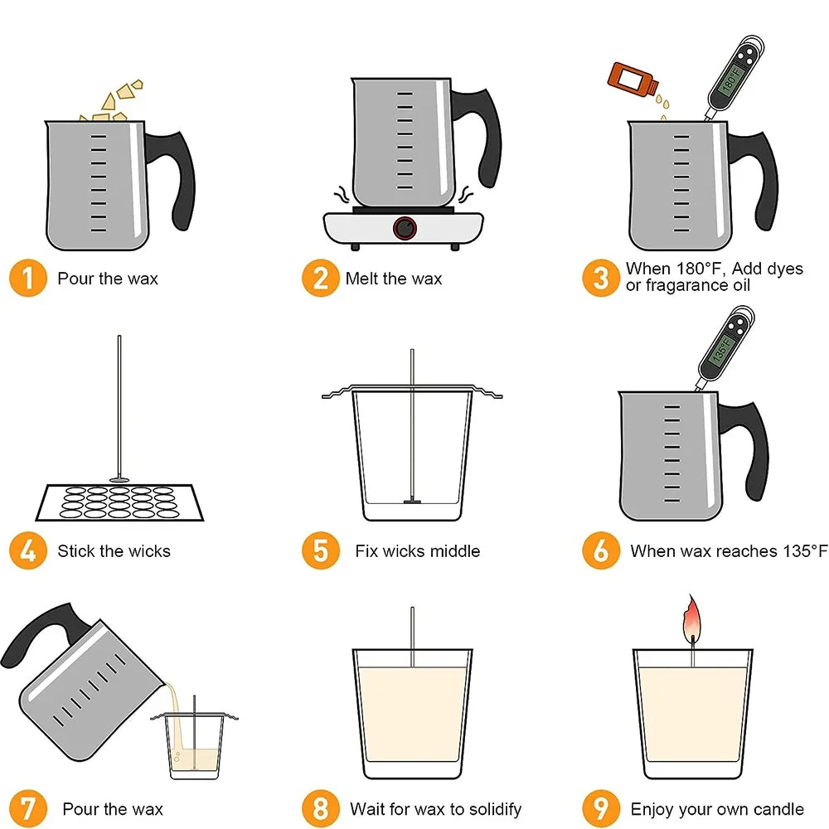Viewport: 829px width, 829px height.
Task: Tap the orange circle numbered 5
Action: [320, 550]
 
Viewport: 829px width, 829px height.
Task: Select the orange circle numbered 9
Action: [601, 808]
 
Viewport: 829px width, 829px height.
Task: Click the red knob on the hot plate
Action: [405, 227]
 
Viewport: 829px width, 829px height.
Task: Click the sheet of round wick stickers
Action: [119, 501]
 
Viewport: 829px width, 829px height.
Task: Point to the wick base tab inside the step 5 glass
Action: [412, 501]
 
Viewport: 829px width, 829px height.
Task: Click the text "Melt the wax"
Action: [394, 279]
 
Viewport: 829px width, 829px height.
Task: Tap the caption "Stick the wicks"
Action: [114, 551]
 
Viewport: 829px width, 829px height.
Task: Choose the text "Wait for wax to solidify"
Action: [435, 809]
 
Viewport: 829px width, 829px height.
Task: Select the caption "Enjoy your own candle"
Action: [717, 809]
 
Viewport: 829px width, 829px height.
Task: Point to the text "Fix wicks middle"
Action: [418, 551]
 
